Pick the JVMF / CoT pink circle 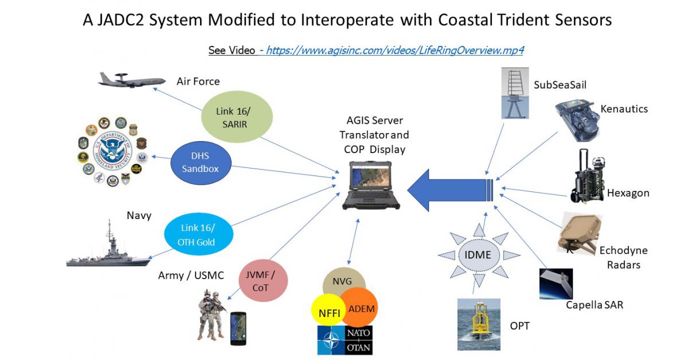264,281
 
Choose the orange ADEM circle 361,308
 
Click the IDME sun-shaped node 478,254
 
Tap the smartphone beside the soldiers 238,328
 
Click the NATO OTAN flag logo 344,339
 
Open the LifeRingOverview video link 395,50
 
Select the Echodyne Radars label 624,257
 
